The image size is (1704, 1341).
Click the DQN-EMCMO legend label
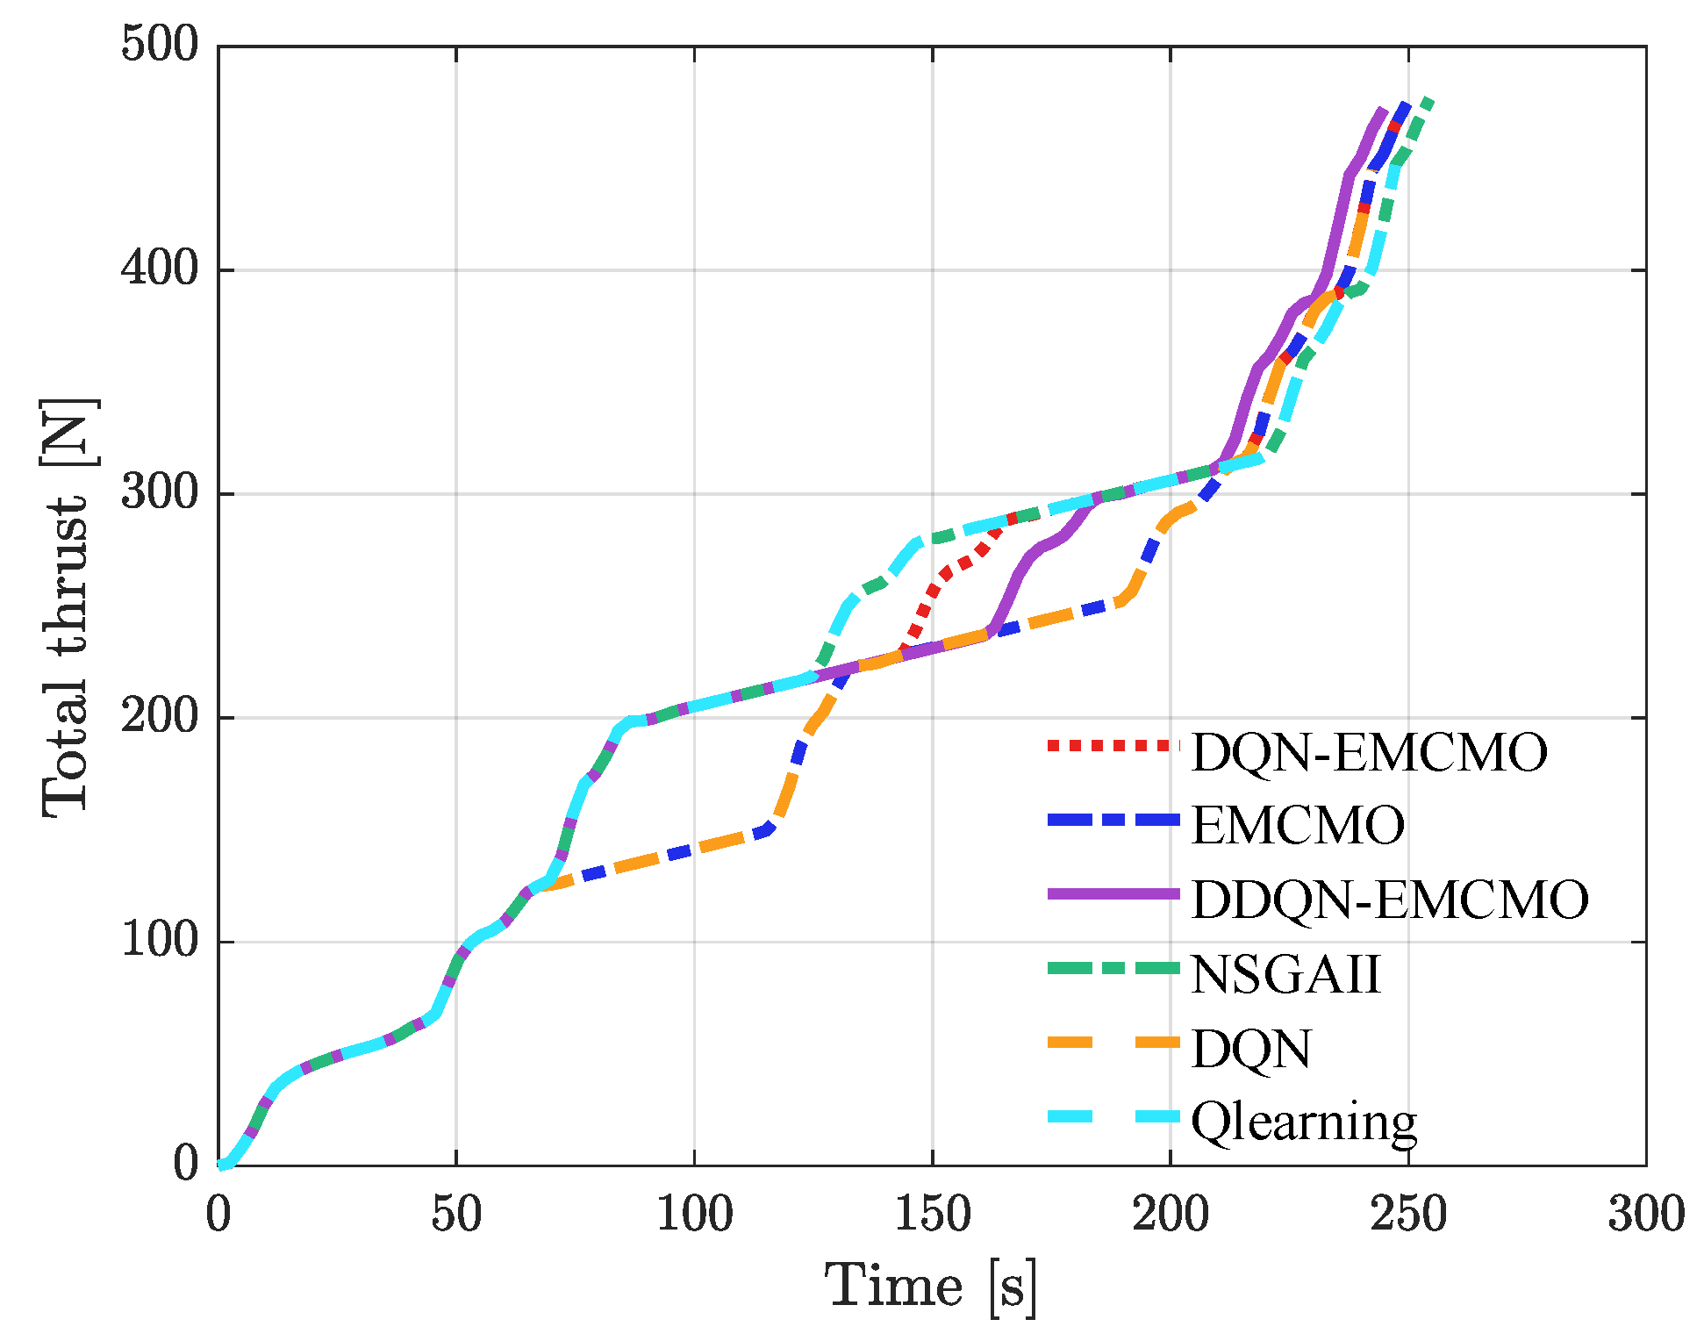1369,753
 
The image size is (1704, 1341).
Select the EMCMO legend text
1297,826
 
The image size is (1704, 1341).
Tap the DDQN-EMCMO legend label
1390,900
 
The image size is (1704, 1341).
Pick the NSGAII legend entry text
1285,974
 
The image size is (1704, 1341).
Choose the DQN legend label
1250,1049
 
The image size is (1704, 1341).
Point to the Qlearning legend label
1304,1122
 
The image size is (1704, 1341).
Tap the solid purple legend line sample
1113,893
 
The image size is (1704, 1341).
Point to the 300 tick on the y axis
160,492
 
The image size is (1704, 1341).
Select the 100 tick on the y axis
160,940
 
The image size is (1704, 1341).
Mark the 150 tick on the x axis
932,1216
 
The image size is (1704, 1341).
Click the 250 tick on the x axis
1407,1216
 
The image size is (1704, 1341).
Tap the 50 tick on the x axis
456,1216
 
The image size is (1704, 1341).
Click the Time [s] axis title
930,1287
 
